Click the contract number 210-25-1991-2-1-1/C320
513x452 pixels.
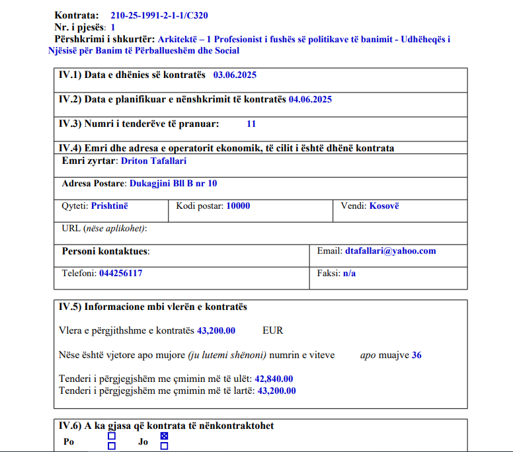point(159,15)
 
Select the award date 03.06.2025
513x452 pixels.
point(235,75)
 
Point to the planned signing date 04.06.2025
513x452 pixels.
point(310,100)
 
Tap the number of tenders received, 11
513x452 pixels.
point(251,124)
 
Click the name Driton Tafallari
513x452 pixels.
point(154,161)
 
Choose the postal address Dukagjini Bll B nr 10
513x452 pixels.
point(173,184)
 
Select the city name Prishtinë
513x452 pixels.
point(110,206)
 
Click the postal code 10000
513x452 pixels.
point(238,206)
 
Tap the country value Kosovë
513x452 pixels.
point(384,206)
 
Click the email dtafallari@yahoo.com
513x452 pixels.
point(390,251)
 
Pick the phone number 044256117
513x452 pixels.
point(120,273)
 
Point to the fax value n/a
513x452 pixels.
point(349,273)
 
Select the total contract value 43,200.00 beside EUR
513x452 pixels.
point(216,330)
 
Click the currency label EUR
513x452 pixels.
point(273,330)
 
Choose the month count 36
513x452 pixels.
point(416,356)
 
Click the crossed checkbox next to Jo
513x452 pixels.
point(165,436)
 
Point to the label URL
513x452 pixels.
point(70,229)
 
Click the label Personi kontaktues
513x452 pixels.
point(106,251)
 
